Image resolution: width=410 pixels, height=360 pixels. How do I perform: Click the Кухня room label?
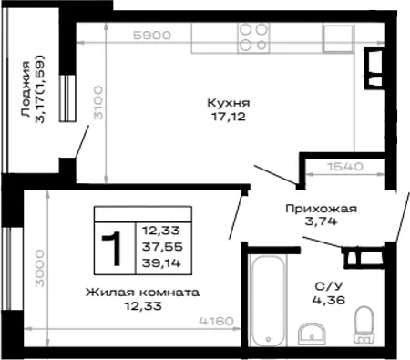(229, 103)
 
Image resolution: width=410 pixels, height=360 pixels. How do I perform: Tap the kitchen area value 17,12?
(229, 117)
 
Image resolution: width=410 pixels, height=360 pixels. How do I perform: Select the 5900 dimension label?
(152, 36)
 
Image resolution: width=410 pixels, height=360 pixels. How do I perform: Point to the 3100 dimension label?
(98, 103)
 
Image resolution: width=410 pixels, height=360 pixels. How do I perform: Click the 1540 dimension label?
(345, 167)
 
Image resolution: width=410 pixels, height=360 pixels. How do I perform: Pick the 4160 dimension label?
(216, 321)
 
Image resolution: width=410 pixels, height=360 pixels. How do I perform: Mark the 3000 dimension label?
(39, 269)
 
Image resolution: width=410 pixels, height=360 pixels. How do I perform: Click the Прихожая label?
(321, 209)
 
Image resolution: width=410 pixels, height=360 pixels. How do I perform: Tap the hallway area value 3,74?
(321, 221)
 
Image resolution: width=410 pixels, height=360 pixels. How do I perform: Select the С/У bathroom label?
(329, 286)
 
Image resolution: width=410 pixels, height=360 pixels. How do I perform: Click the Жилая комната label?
(143, 293)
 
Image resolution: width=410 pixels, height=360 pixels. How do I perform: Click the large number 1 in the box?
(113, 248)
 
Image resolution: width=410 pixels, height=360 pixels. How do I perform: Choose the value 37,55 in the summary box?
(162, 247)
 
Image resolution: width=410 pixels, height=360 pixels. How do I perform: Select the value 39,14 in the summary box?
(161, 262)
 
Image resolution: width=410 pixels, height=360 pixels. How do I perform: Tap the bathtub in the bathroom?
(268, 301)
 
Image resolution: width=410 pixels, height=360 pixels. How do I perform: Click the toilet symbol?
(364, 324)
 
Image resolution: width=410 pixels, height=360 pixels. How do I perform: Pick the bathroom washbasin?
(312, 334)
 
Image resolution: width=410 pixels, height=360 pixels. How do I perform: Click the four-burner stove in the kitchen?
(253, 38)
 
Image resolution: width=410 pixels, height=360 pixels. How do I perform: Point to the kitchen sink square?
(338, 38)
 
